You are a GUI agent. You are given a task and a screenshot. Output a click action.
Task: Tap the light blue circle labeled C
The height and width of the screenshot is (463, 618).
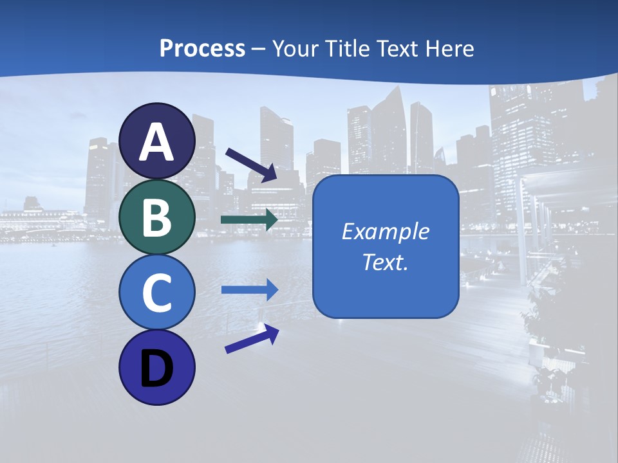pos(157,293)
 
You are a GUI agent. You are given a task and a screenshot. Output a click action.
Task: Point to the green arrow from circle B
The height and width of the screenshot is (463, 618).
pos(248,220)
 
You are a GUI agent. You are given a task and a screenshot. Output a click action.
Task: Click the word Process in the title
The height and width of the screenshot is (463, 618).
pos(202,49)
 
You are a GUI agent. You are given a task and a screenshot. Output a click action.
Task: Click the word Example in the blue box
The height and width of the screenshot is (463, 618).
pos(385,232)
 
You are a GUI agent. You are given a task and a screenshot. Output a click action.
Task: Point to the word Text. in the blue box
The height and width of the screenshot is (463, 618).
pos(385,262)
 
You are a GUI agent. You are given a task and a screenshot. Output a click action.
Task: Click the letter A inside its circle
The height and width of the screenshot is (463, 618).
pos(157,143)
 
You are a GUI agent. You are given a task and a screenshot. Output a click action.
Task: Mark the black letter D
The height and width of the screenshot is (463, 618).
pos(157,368)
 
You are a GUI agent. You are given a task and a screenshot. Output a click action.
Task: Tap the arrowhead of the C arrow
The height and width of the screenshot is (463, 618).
pos(271,289)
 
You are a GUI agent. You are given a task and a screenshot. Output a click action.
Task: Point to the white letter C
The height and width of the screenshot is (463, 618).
pos(157,293)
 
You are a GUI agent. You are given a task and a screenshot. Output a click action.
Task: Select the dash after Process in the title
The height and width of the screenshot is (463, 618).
pos(259,49)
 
